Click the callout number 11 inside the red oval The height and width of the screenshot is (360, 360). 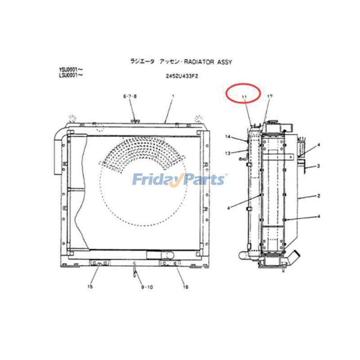click(244, 97)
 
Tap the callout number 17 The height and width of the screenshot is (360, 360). click(270, 97)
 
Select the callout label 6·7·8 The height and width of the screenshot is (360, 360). click(130, 96)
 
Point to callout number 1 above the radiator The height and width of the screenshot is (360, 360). click(173, 96)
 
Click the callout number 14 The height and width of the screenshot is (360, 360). click(228, 137)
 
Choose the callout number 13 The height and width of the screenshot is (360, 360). click(228, 153)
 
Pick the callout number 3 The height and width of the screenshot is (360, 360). click(318, 166)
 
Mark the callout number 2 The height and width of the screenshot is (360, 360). click(318, 196)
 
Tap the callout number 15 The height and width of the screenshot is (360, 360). click(90, 287)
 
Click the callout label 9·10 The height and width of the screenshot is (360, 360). click(147, 287)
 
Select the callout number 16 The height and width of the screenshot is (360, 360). click(185, 287)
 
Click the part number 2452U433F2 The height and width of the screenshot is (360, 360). click(182, 76)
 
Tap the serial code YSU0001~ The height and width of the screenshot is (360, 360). click(71, 69)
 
